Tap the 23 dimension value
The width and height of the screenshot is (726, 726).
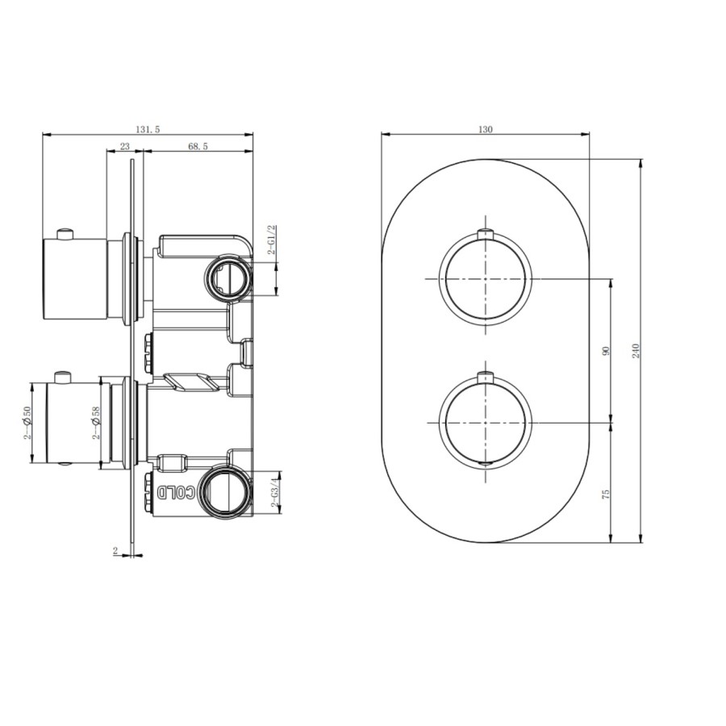(x=125, y=146)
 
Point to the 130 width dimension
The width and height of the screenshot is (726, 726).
(x=486, y=129)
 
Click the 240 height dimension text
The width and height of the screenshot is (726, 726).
(x=636, y=350)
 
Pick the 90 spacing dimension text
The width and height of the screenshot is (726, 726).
(x=606, y=350)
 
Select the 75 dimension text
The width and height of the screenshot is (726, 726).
(x=606, y=493)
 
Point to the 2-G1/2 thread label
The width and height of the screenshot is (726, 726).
(x=273, y=240)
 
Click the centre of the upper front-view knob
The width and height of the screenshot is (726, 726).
(x=486, y=279)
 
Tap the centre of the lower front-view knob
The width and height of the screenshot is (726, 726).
(x=486, y=422)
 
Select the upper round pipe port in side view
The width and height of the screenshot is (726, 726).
(x=226, y=277)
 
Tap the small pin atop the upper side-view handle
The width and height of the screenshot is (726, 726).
(x=65, y=234)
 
